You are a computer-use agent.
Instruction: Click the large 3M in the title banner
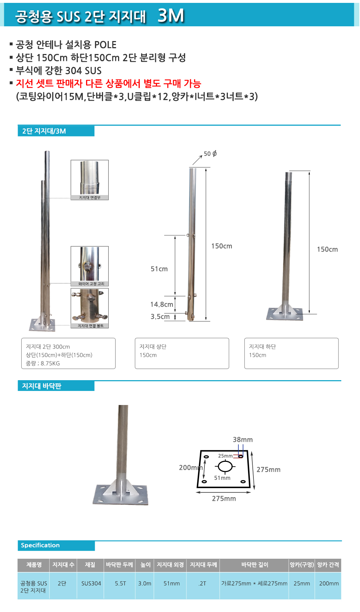click(x=171, y=15)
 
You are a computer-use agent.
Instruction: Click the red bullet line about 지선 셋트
click(x=108, y=83)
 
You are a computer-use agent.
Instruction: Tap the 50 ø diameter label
click(x=210, y=154)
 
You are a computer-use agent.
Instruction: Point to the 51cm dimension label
click(x=159, y=269)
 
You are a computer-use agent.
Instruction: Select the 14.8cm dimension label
click(x=162, y=304)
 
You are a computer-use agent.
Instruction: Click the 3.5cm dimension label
click(x=160, y=317)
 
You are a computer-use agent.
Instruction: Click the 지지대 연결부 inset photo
click(x=90, y=180)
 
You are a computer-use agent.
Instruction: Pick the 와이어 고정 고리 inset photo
click(x=90, y=266)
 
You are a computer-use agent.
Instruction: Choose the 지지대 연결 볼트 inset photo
click(x=90, y=308)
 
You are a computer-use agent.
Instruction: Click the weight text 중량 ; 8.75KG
click(x=42, y=363)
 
